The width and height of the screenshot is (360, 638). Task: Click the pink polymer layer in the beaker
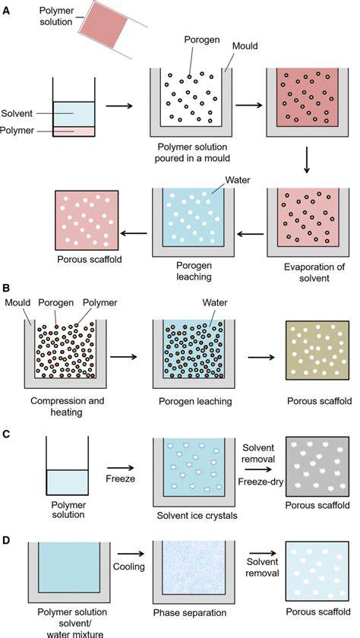point(73,131)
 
